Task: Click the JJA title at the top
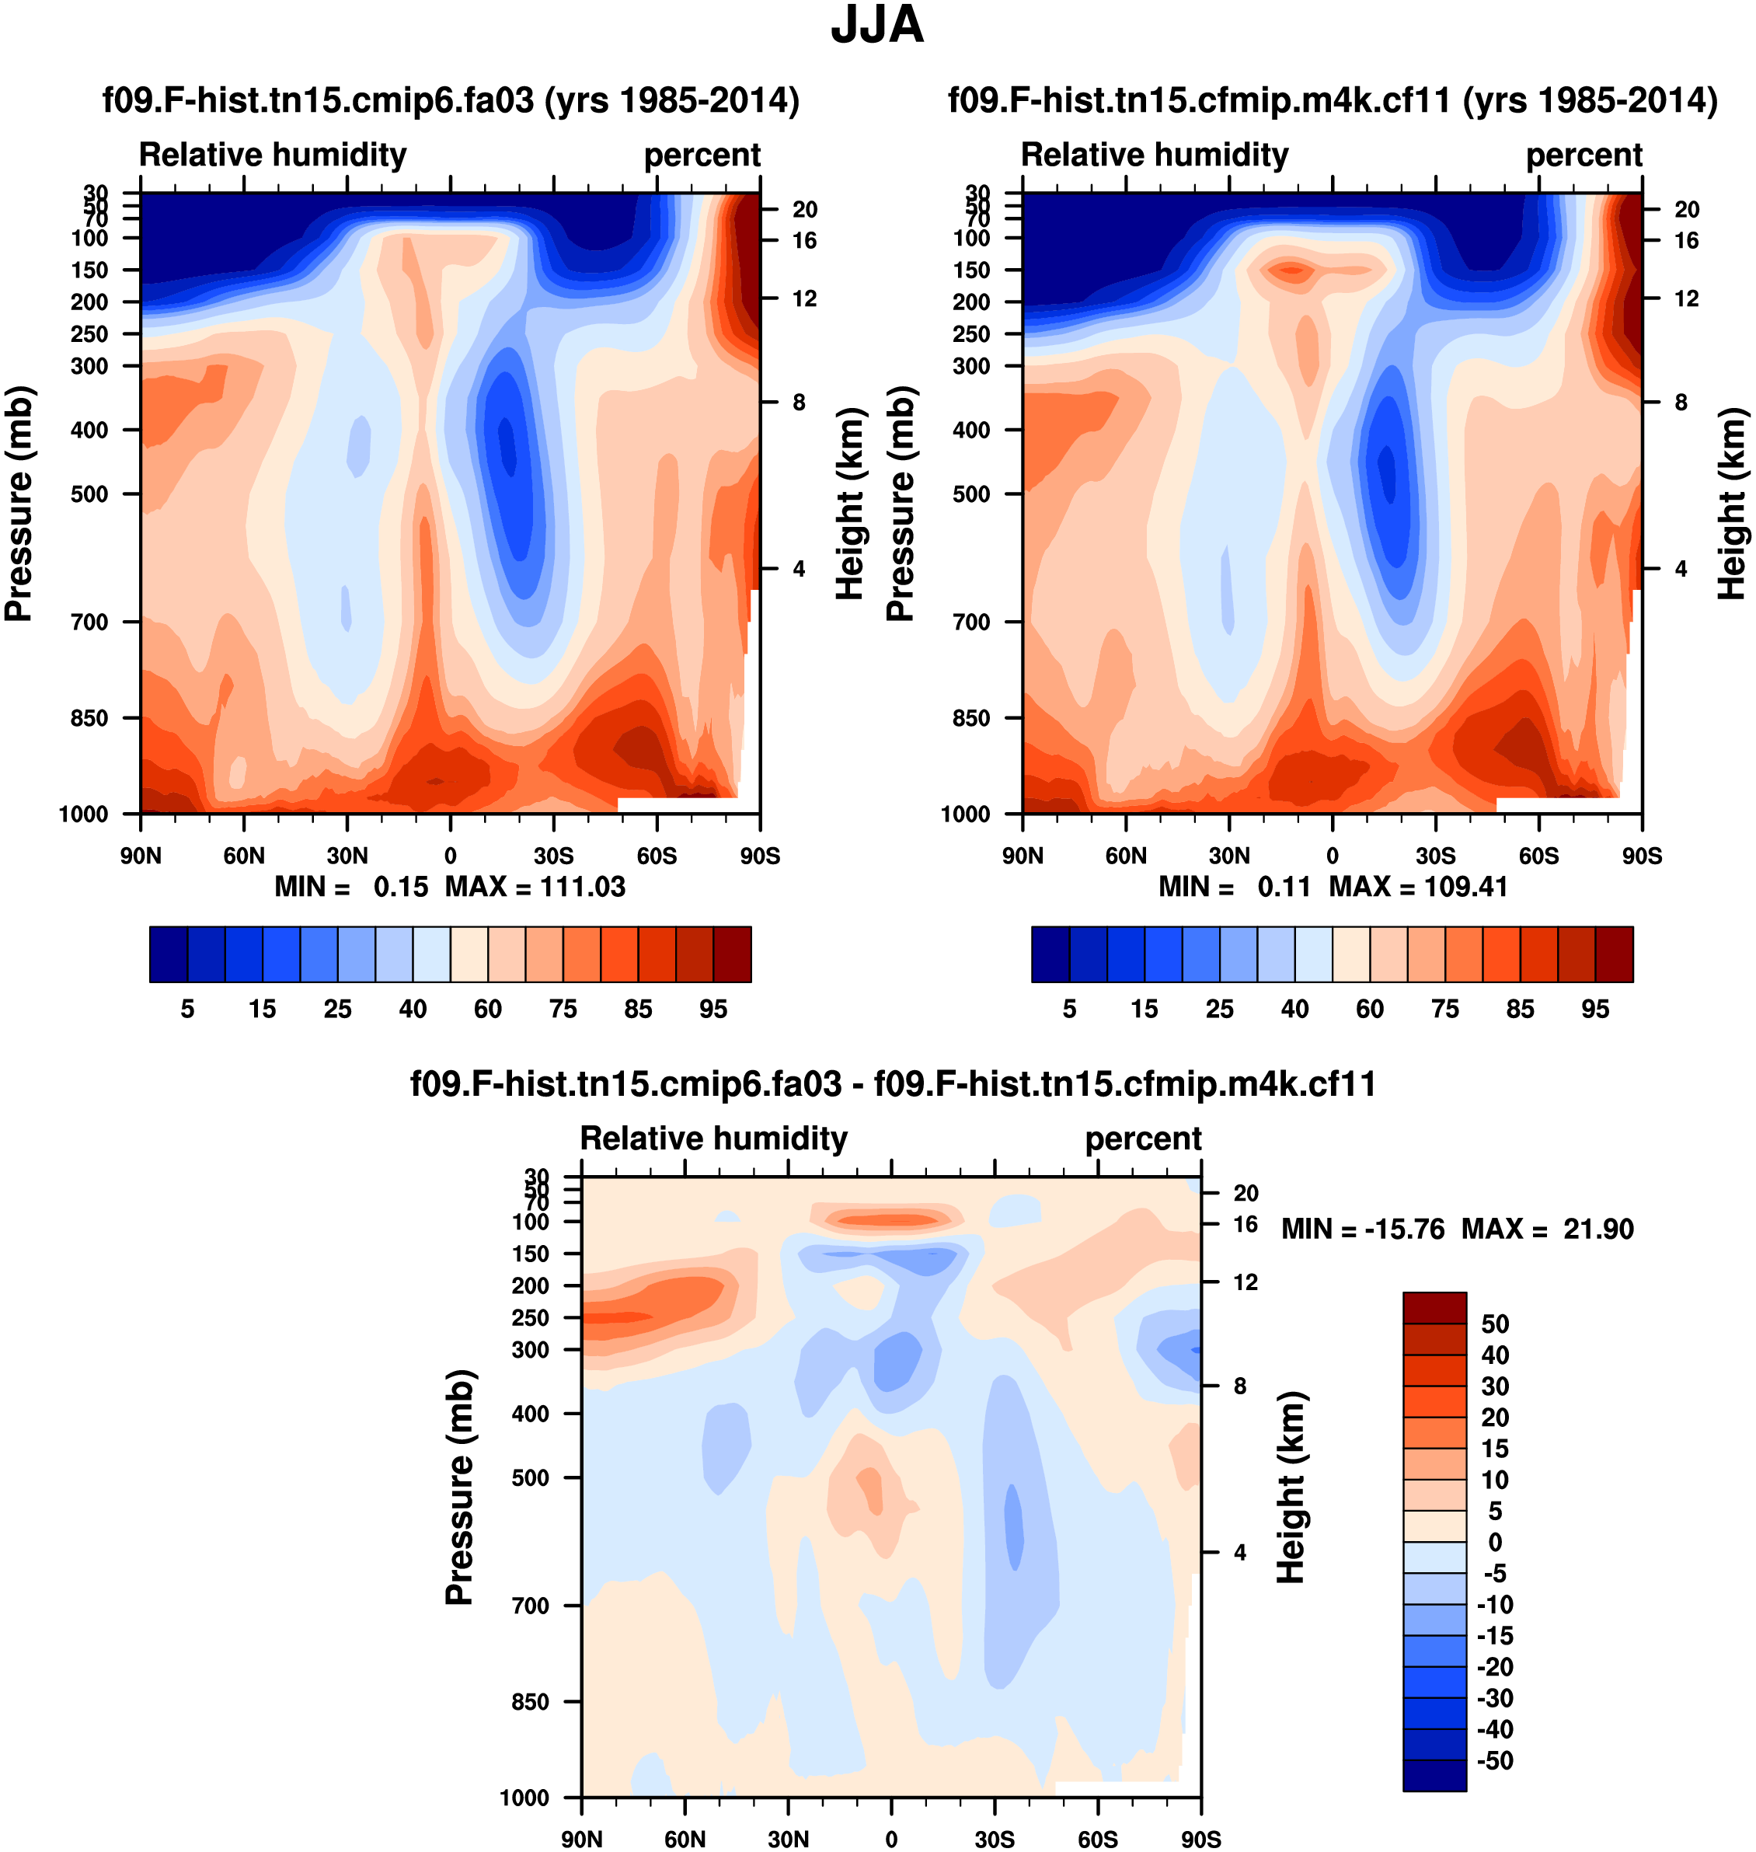877,26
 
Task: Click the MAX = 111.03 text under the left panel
535,887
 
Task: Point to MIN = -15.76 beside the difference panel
1362,1229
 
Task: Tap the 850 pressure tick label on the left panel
90,718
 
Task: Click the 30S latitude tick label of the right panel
1435,856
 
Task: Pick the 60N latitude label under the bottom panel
685,1839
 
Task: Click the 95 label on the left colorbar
713,1010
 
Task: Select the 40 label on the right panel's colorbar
1294,1010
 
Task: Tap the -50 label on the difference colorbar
1495,1760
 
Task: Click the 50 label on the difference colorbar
1495,1324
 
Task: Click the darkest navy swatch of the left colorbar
169,954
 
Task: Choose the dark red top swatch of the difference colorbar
1434,1307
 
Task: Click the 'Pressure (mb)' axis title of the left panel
19,504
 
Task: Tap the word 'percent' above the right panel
1584,155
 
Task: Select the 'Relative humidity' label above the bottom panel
713,1139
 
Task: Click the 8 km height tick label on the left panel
799,403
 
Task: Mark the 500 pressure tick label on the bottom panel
530,1477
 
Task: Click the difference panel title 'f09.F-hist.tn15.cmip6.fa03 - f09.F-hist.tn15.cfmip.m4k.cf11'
893,1084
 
